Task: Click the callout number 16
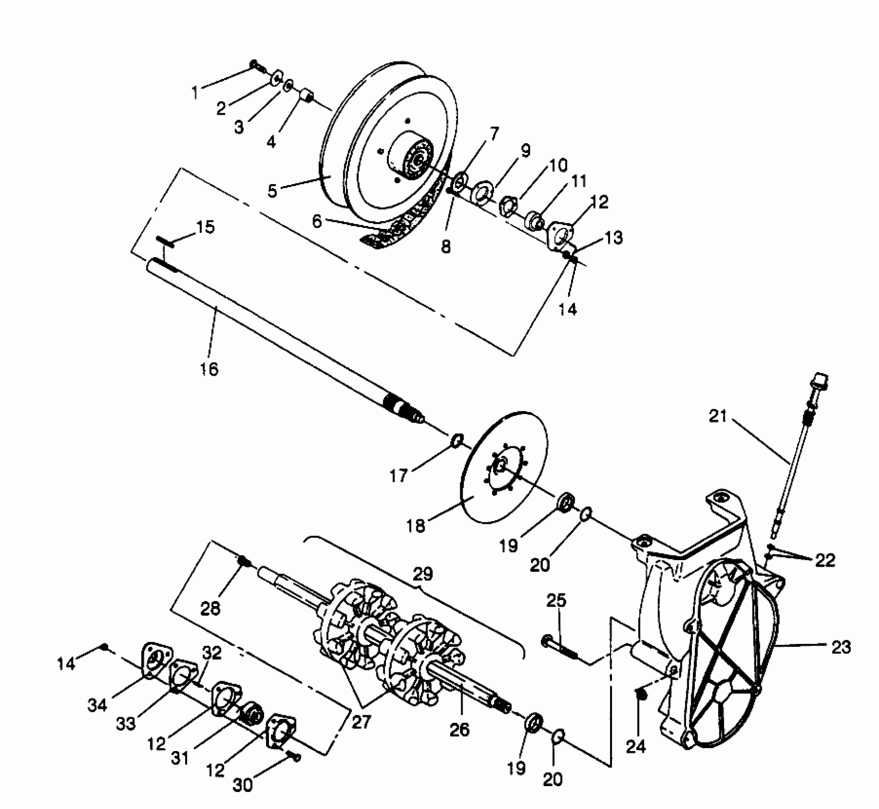point(209,369)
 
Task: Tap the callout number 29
point(423,574)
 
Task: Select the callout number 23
point(840,647)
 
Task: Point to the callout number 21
point(718,416)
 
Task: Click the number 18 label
point(416,527)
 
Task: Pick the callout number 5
point(272,191)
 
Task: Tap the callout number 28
point(210,608)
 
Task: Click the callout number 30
point(243,785)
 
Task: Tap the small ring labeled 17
point(456,441)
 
